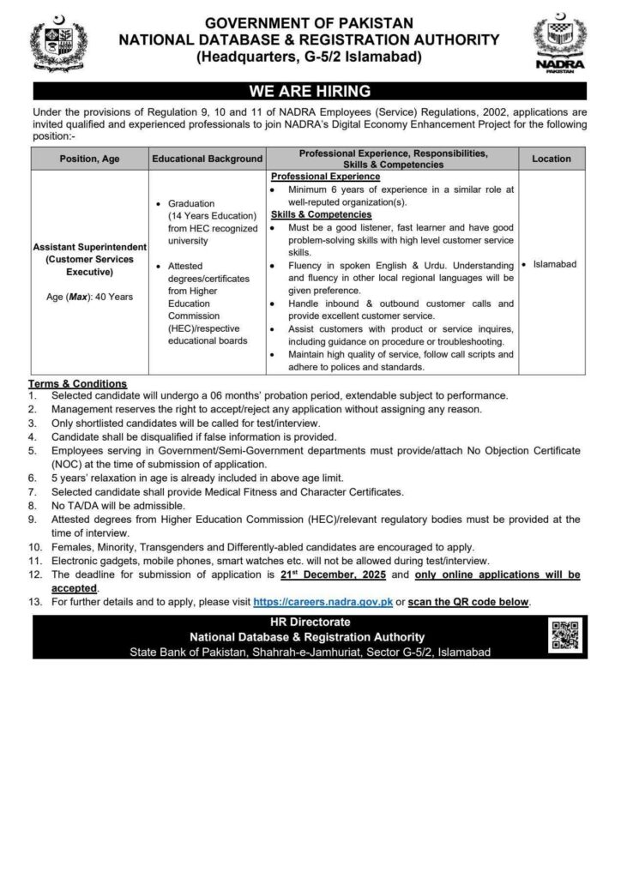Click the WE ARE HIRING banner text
coord(310,91)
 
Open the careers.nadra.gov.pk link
coord(323,603)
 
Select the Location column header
coord(551,159)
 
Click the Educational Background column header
coord(207,159)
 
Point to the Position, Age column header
coord(88,159)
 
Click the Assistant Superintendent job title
coord(88,246)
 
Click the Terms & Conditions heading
coord(77,383)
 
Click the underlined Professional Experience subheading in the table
coord(325,176)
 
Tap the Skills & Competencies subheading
coord(321,214)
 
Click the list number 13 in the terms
coord(34,603)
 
